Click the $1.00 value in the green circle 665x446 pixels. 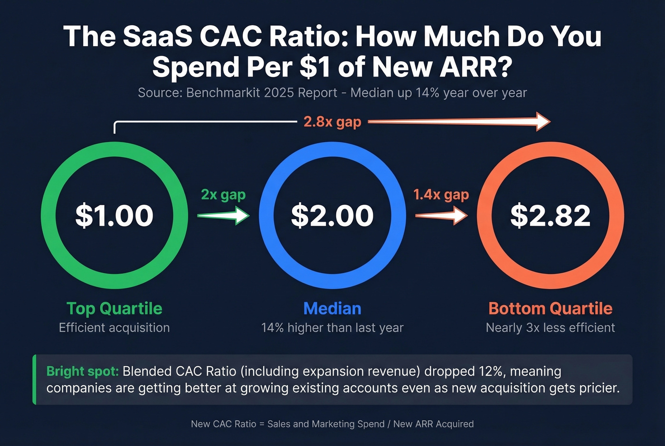tap(114, 215)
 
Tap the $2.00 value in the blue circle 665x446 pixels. tap(332, 215)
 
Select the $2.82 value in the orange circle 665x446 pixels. tap(550, 215)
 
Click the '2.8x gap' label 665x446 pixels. tap(332, 122)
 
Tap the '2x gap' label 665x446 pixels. tap(223, 195)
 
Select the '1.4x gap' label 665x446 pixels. tap(441, 195)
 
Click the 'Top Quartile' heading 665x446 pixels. tap(114, 308)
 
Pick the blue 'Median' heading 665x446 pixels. tap(332, 308)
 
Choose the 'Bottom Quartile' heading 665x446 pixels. tap(550, 308)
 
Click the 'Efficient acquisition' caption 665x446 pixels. tap(114, 328)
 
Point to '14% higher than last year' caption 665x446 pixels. tap(332, 328)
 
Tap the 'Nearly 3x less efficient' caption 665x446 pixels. tap(550, 328)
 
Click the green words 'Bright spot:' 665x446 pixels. tap(82, 371)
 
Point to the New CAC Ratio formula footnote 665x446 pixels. tap(332, 424)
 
